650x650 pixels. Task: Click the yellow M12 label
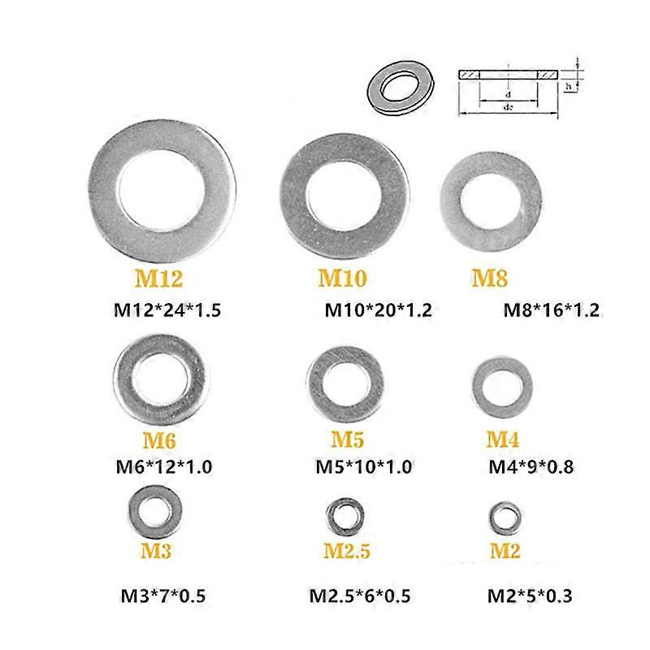[x=158, y=279]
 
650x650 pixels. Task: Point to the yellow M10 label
[x=341, y=279]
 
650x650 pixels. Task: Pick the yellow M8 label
[x=490, y=279]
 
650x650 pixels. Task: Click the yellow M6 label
[x=160, y=441]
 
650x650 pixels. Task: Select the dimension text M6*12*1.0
[x=166, y=466]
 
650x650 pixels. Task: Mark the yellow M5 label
[x=347, y=440]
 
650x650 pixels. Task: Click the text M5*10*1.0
[x=363, y=466]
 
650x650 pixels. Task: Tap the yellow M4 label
[x=503, y=440]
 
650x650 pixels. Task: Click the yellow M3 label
[x=155, y=551]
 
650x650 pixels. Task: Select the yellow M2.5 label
[x=347, y=551]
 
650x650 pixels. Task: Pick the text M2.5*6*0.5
[x=359, y=596]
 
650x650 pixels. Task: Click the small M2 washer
[x=505, y=517]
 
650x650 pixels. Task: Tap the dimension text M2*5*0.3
[x=530, y=596]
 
